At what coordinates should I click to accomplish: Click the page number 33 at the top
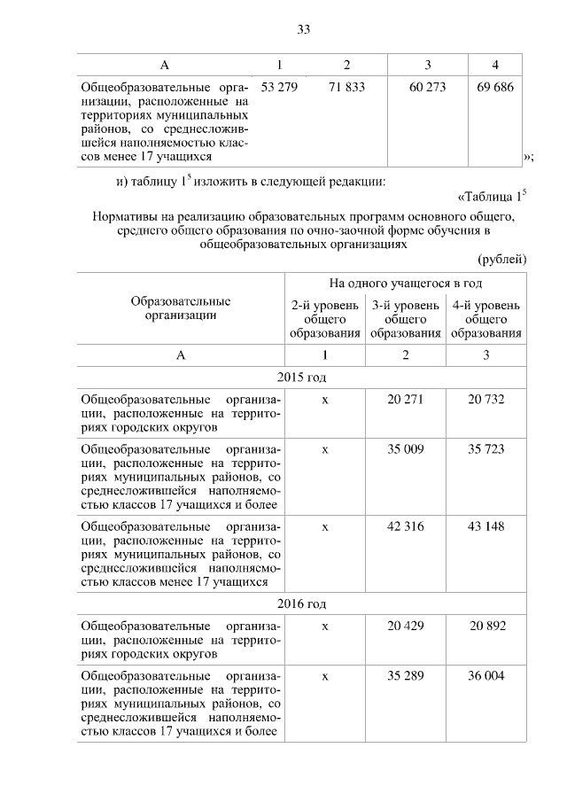(x=303, y=29)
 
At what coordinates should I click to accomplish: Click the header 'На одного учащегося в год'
(x=406, y=284)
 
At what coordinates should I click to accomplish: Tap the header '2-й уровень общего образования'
(x=325, y=320)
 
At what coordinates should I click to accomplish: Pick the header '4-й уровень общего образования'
(x=486, y=320)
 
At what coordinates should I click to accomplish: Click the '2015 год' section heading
(x=302, y=377)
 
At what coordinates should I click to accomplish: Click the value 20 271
(x=406, y=400)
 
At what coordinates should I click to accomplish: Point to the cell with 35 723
(x=486, y=449)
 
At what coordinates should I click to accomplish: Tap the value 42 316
(x=406, y=526)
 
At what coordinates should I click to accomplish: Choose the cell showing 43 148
(x=486, y=526)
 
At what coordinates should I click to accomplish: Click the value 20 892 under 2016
(x=486, y=626)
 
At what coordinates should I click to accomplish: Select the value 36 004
(x=486, y=675)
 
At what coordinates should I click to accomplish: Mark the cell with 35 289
(x=406, y=675)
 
